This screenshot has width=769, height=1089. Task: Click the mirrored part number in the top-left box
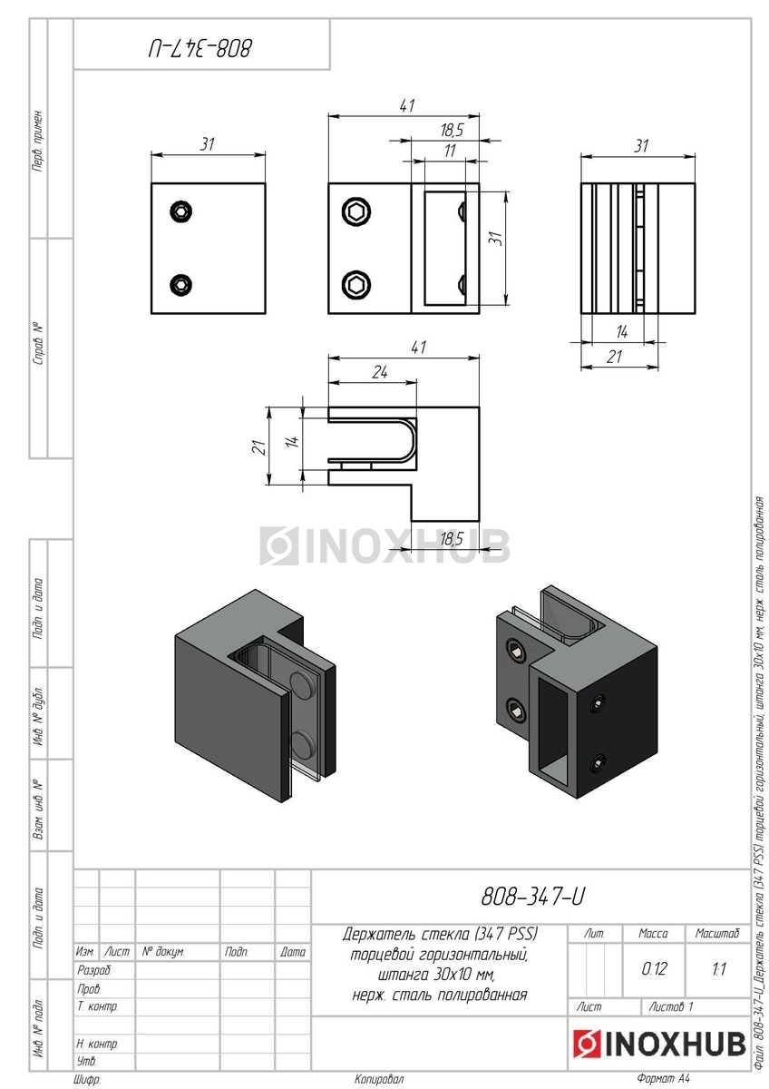[x=200, y=48]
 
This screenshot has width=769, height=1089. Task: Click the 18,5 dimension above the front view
[x=452, y=130]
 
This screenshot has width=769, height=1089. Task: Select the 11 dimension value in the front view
[x=450, y=151]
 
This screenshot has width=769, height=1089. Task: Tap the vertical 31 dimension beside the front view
[x=495, y=238]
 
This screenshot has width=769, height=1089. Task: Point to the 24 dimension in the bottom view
[x=379, y=373]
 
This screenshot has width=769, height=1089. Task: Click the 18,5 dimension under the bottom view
[x=452, y=539]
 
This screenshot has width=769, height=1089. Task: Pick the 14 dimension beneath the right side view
[x=622, y=332]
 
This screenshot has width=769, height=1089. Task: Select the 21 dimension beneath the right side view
[x=614, y=358]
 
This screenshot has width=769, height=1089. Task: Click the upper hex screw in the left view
[x=181, y=211]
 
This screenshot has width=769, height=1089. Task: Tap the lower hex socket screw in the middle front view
[x=356, y=284]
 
